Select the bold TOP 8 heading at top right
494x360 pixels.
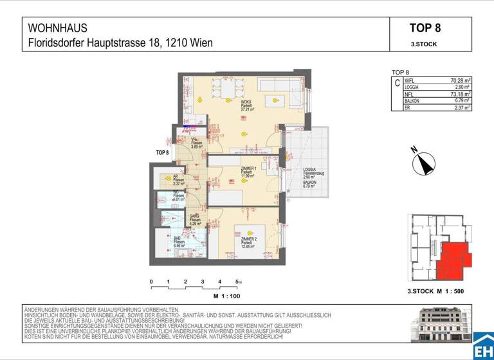click(x=430, y=28)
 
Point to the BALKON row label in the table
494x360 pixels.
click(x=412, y=101)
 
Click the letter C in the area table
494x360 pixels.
click(x=397, y=84)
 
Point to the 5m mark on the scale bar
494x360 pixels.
click(x=239, y=282)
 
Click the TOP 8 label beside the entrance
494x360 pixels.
click(x=162, y=152)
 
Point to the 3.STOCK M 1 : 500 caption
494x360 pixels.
click(x=435, y=291)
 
